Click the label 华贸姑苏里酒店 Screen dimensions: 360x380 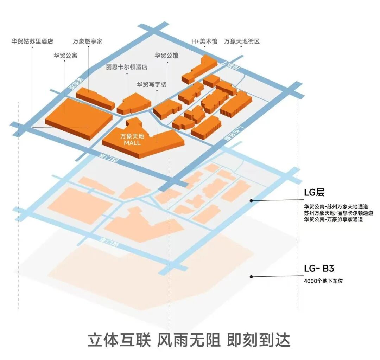tap(32, 41)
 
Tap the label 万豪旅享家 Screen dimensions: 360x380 tap(88, 41)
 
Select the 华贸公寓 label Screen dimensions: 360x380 tap(65, 55)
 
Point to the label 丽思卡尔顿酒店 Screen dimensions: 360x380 tap(127, 67)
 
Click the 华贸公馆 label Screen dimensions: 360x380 tap(166, 56)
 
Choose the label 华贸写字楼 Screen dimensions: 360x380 tap(152, 84)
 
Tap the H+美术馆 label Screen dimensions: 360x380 tap(204, 41)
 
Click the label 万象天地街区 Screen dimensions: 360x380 tap(242, 41)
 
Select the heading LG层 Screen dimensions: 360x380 tap(314, 193)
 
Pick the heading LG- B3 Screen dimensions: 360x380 tap(319, 269)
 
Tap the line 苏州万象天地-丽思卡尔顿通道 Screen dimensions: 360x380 tap(339, 213)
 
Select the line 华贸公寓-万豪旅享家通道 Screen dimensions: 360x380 tap(334, 219)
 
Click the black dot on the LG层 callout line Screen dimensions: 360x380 tap(251, 201)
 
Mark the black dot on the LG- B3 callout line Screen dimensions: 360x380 tap(251, 277)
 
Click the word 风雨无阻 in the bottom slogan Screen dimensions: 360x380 tap(189, 340)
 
